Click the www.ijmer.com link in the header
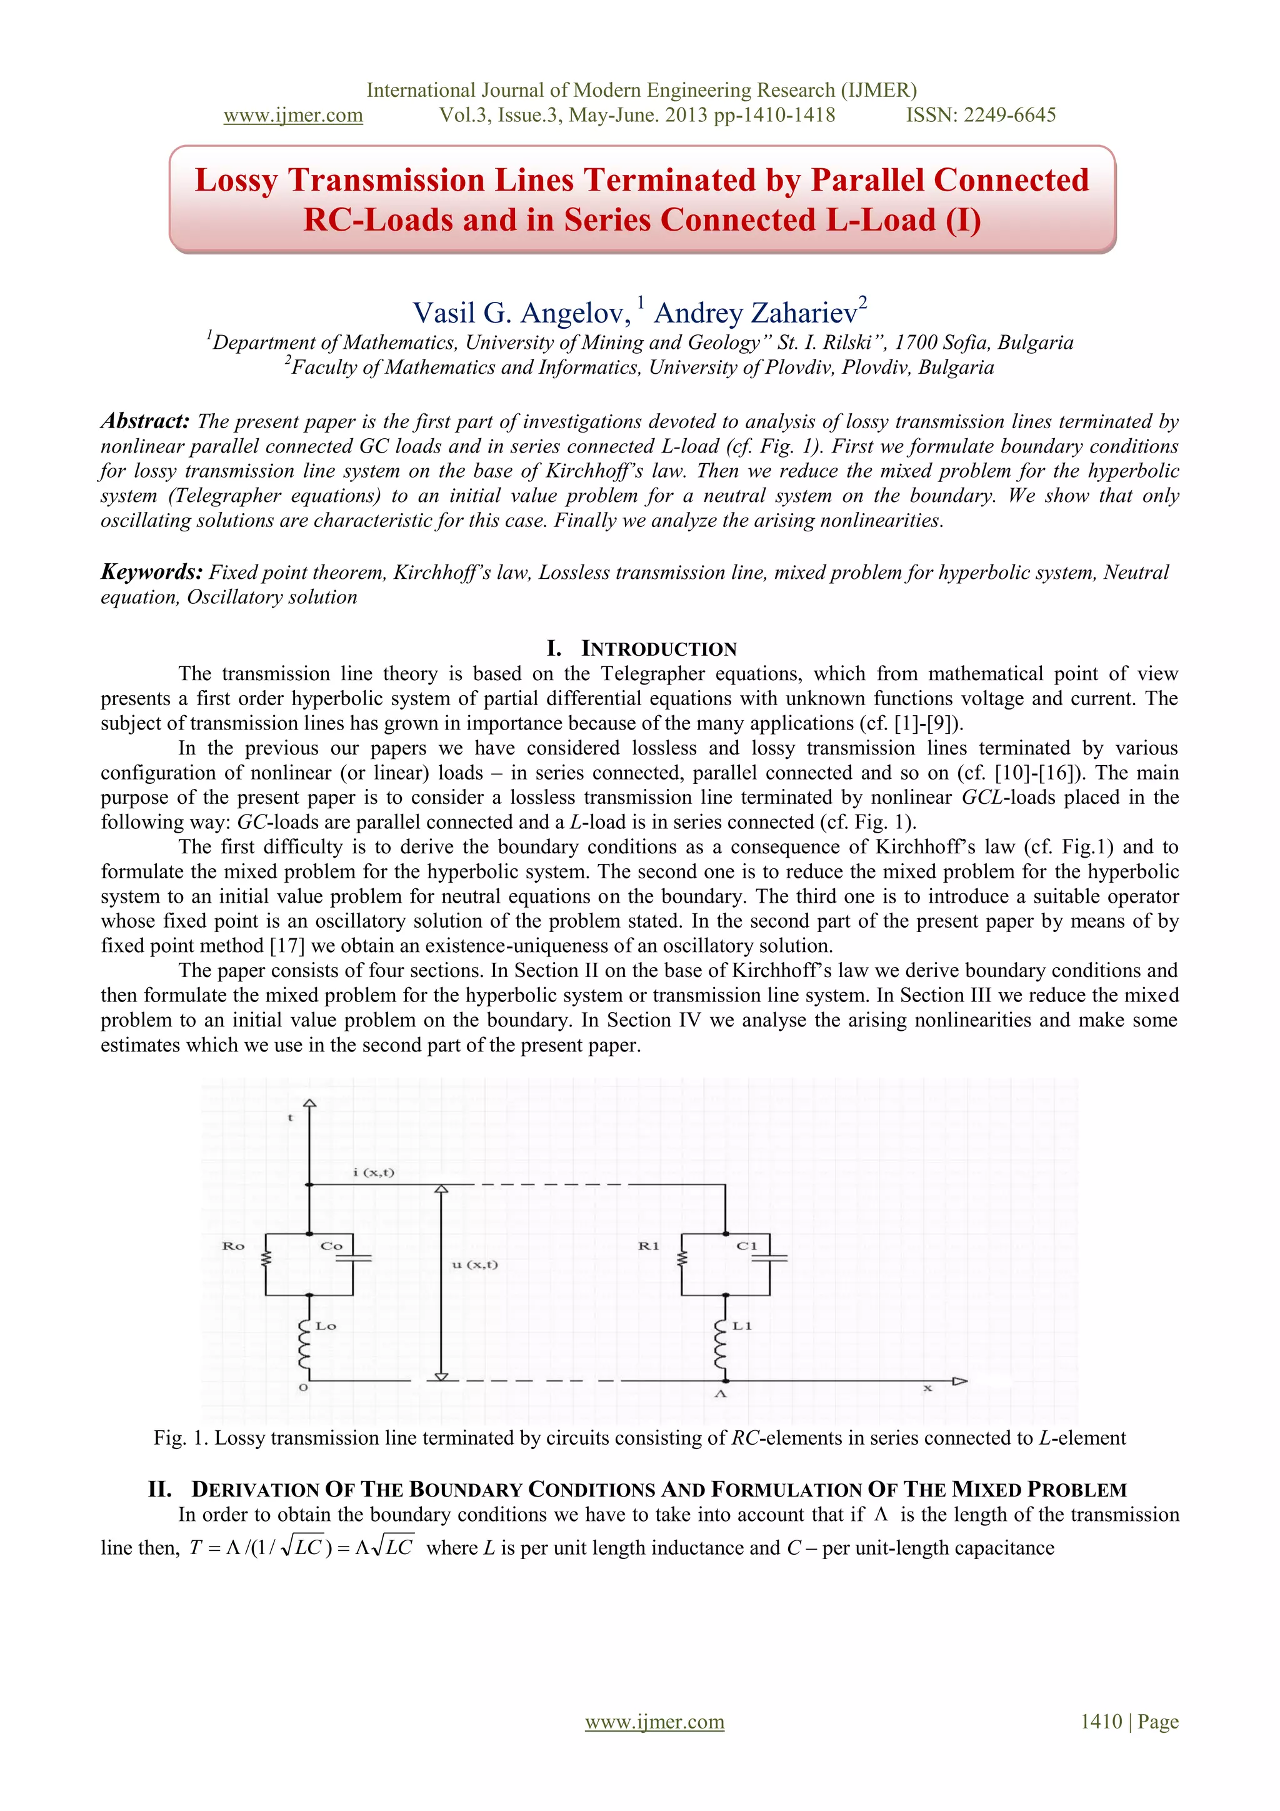[292, 115]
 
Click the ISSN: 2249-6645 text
[980, 115]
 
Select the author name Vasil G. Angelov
[521, 313]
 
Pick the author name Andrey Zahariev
[756, 313]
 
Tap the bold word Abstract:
[145, 421]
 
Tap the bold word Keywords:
[151, 572]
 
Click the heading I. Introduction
[641, 648]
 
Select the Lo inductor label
[326, 1326]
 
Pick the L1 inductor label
[742, 1326]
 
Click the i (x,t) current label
[374, 1172]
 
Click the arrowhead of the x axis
[960, 1381]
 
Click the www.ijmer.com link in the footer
[654, 1722]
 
